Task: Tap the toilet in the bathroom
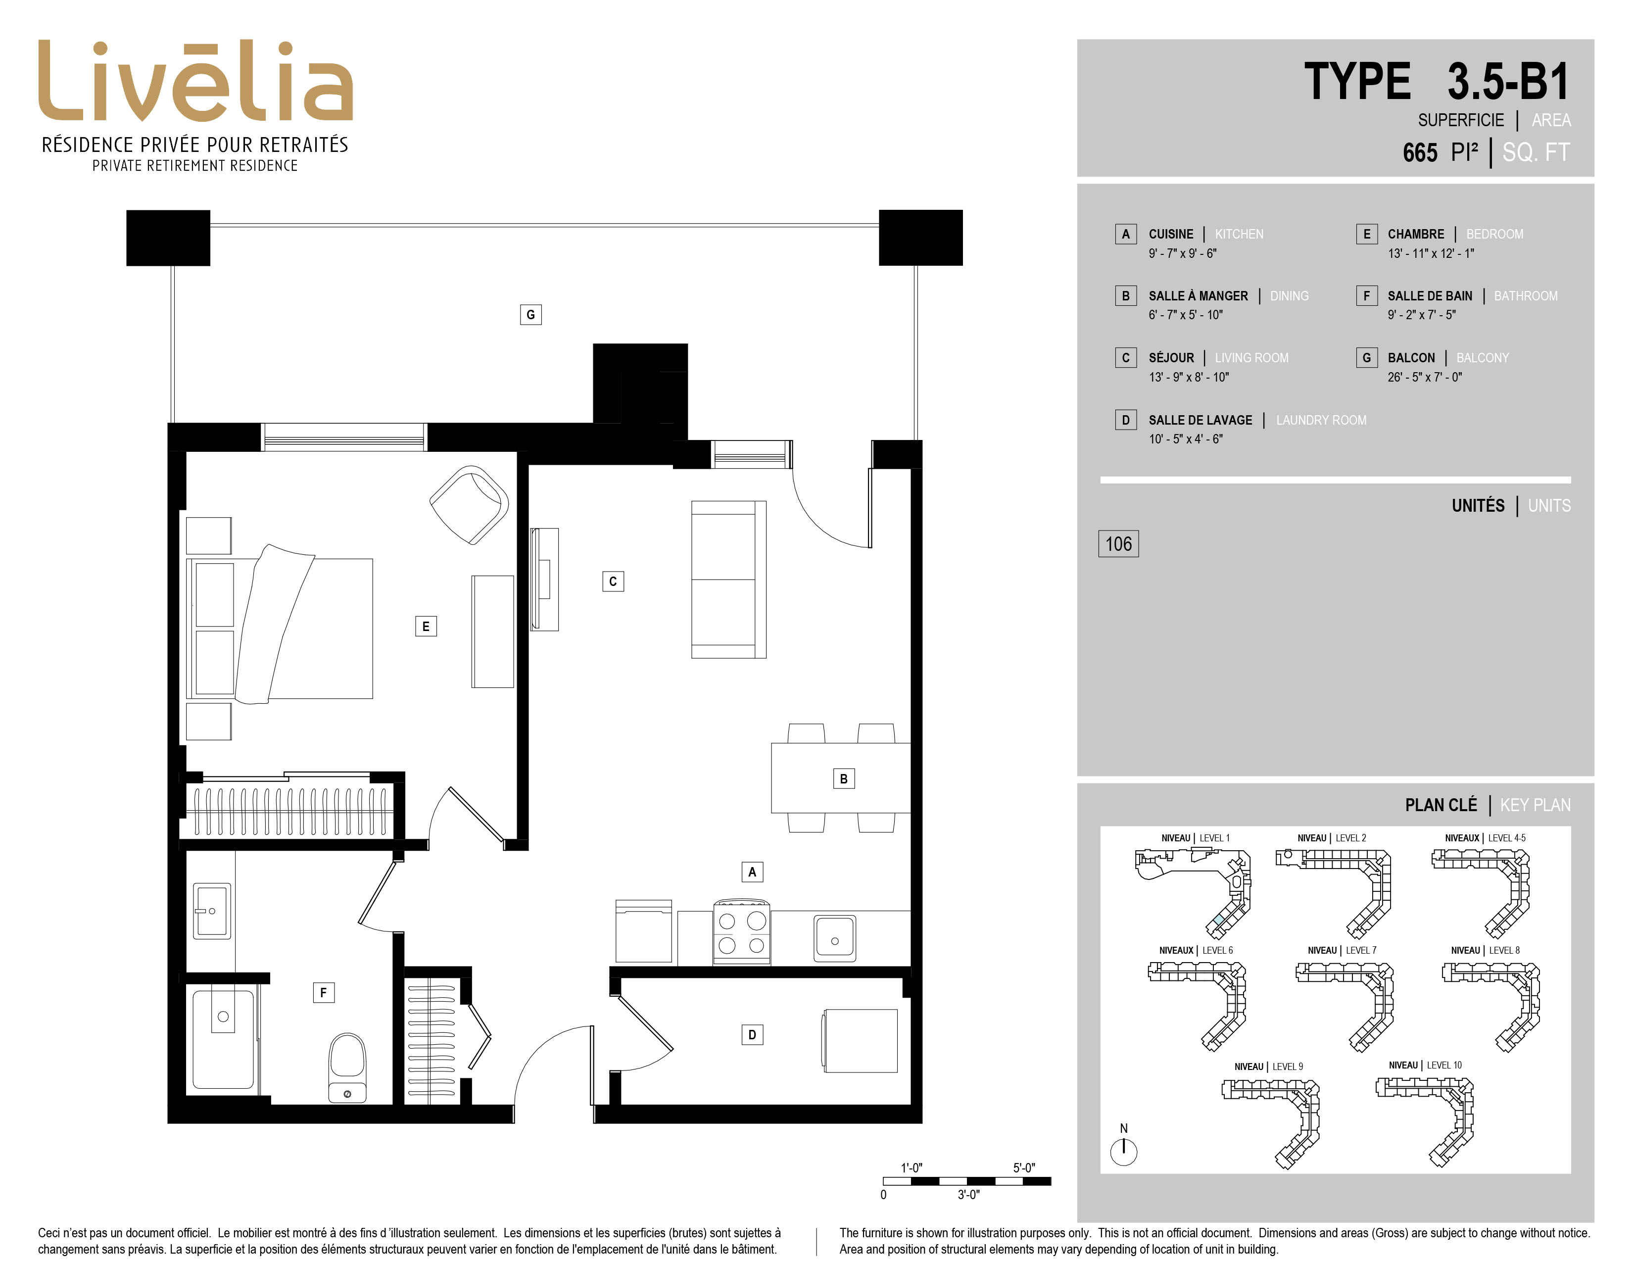[348, 1068]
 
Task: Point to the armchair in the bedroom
[470, 505]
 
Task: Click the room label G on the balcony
[531, 315]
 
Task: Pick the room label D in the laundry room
[752, 1035]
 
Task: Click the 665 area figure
[1420, 152]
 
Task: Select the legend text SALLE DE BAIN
[1430, 296]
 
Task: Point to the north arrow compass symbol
[1123, 1151]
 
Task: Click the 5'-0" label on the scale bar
[1024, 1168]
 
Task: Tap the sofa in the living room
[728, 580]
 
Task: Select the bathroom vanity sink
[212, 911]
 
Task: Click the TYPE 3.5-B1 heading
[1437, 82]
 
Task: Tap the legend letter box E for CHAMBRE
[1367, 234]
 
